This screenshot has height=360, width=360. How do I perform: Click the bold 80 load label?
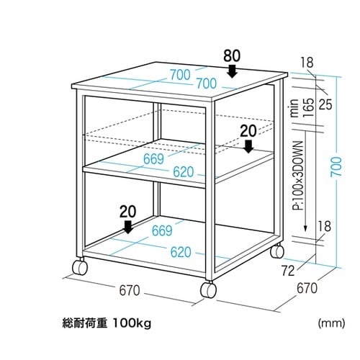tap(232, 56)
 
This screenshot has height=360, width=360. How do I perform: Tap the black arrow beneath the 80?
tap(232, 71)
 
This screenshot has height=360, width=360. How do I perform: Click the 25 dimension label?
tap(325, 104)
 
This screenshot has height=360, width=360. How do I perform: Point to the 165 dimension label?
tap(308, 107)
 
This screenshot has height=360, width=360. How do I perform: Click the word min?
tap(294, 108)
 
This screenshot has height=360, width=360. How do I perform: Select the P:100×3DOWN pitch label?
tap(297, 176)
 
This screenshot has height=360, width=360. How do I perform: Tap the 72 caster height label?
tap(288, 271)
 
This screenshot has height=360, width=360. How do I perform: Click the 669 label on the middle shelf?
tap(153, 158)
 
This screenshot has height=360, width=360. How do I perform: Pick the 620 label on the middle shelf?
tap(184, 172)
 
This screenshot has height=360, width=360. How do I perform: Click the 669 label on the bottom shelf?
tap(162, 230)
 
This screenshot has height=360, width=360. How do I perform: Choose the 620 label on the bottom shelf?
tap(181, 252)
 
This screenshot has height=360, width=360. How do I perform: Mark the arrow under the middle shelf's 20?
tap(249, 146)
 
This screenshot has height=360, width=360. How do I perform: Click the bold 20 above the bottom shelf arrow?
tap(128, 212)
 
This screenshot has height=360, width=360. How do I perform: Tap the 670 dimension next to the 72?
tap(307, 288)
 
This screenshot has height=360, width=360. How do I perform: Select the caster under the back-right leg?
tap(277, 251)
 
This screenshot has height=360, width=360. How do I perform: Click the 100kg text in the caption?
tap(132, 324)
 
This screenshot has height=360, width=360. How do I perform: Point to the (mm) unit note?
tap(331, 323)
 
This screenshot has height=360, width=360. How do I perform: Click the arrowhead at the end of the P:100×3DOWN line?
tap(305, 228)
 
